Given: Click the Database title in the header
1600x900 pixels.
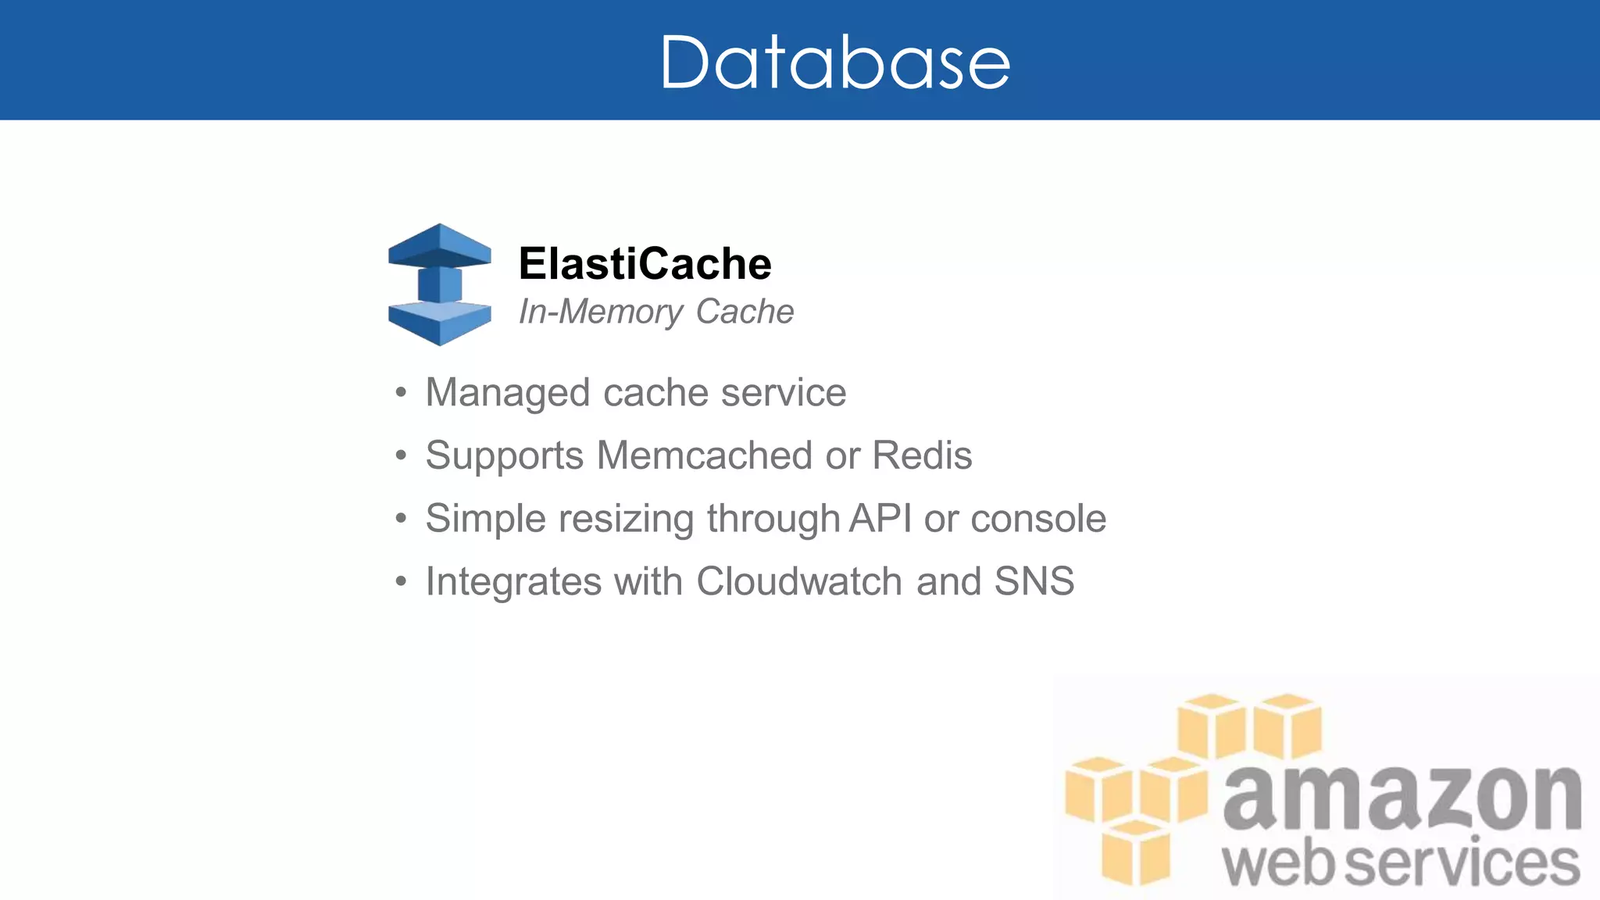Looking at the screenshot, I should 834,62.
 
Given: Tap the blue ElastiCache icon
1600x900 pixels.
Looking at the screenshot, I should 440,284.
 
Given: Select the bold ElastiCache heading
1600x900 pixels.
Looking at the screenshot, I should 645,263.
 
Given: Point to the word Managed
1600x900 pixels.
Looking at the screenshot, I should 507,393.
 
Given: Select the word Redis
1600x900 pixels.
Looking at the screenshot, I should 922,455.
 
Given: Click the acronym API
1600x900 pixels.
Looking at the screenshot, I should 880,518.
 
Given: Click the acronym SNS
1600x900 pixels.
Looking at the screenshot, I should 1034,581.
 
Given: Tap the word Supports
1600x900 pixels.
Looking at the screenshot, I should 504,456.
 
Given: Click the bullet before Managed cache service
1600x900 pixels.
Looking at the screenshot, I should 401,392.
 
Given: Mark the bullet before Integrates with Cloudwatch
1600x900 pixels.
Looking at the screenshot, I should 401,581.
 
